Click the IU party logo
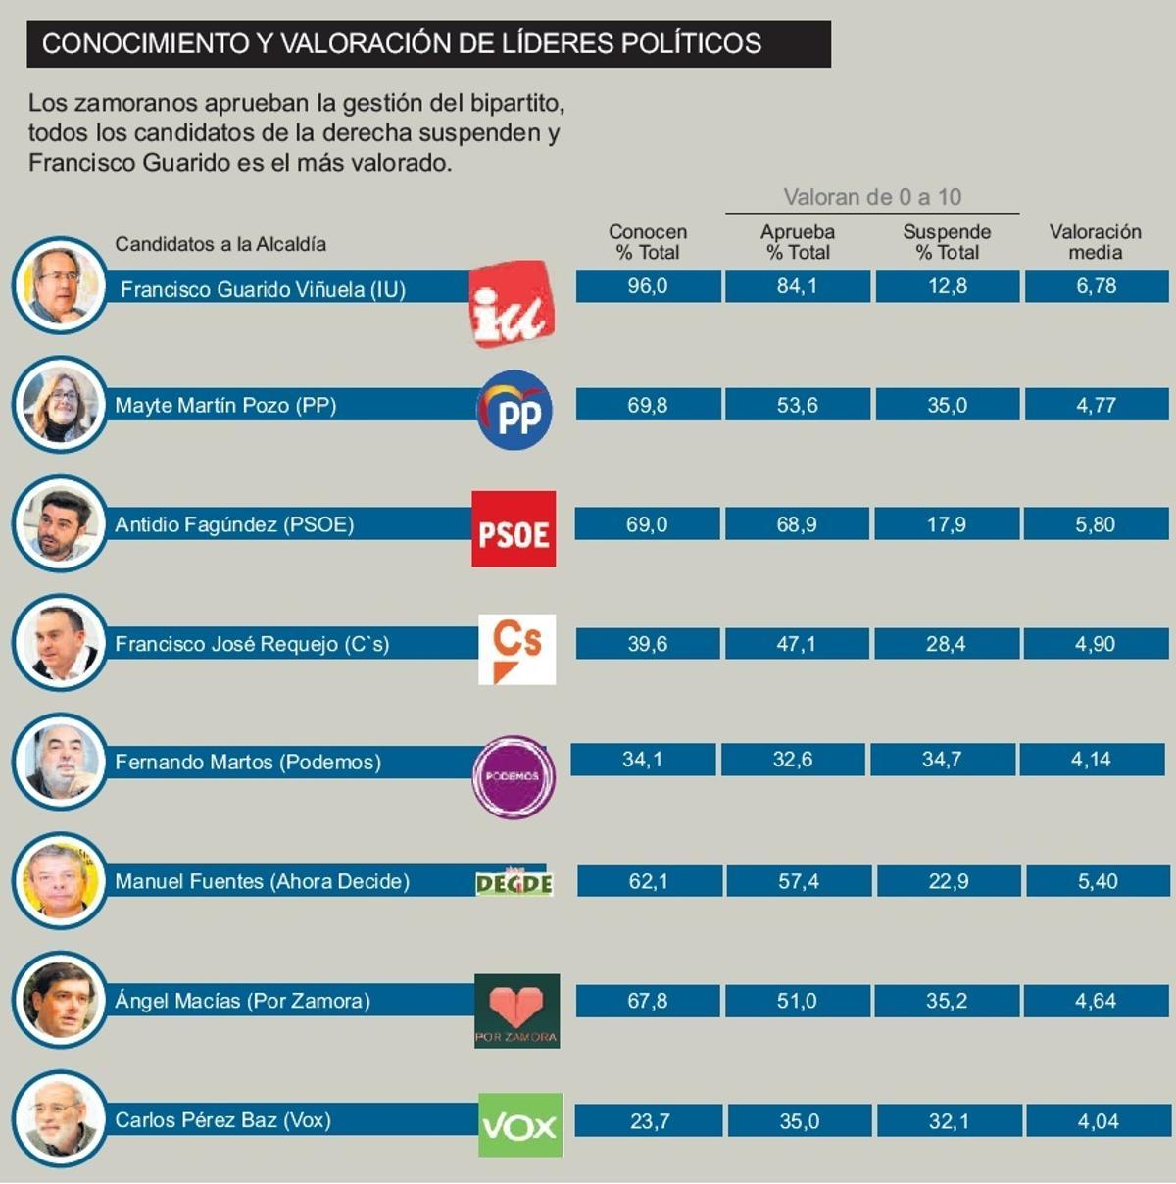pos(512,304)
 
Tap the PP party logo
pos(514,411)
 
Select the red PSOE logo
pos(514,529)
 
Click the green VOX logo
pos(520,1125)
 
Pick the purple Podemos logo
pos(514,776)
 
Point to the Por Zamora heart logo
pos(516,1011)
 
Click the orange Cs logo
pos(516,649)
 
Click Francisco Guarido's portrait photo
pos(60,285)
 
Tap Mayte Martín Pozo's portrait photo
pos(60,405)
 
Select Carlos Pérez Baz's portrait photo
pos(60,1118)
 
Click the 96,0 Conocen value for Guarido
pos(648,286)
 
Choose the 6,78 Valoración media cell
pos(1096,286)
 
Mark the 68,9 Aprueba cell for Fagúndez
pos(797,524)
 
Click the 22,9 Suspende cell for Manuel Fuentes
pos(948,881)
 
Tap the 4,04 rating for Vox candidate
pos(1098,1121)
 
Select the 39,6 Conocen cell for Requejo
pos(648,644)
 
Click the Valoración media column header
pos(1095,242)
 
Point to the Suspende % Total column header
pos(947,242)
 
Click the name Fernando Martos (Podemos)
pos(248,762)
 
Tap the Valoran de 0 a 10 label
pos(872,197)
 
